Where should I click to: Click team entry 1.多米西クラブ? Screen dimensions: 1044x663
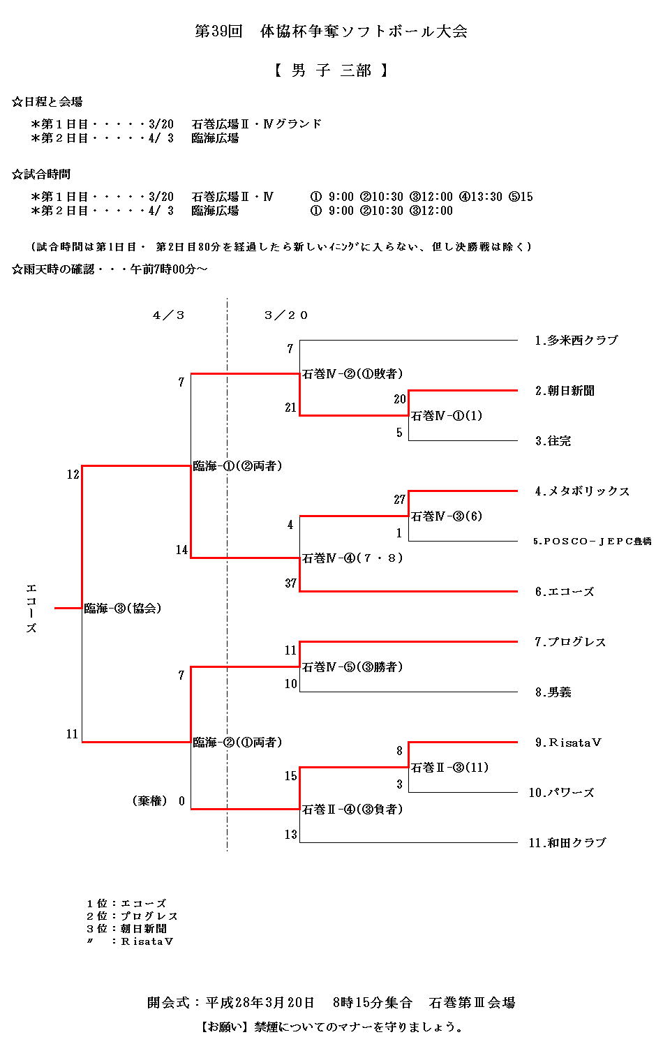[576, 341]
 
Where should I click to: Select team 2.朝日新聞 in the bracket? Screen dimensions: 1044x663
[565, 391]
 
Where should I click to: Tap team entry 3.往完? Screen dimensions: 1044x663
[553, 441]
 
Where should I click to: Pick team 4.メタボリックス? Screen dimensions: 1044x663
[582, 491]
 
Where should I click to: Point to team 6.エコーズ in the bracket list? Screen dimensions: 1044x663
[564, 592]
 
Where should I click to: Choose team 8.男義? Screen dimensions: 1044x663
[553, 692]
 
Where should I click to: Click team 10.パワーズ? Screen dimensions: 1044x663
[561, 793]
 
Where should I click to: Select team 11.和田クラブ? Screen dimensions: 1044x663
[567, 843]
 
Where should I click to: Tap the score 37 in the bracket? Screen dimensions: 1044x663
[290, 583]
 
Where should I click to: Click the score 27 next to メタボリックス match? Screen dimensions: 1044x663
[399, 500]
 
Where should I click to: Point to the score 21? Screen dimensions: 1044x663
[290, 408]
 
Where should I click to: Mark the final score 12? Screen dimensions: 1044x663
[73, 475]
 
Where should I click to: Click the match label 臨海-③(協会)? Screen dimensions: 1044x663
[123, 609]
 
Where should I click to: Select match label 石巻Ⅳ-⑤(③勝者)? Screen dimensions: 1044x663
[352, 667]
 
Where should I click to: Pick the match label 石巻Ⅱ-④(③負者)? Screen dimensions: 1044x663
[352, 810]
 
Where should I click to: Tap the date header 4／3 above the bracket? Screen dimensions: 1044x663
[168, 315]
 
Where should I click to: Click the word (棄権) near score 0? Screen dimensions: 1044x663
[149, 801]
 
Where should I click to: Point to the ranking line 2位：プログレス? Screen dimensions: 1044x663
[132, 916]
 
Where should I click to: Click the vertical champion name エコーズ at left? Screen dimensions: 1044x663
[31, 609]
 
